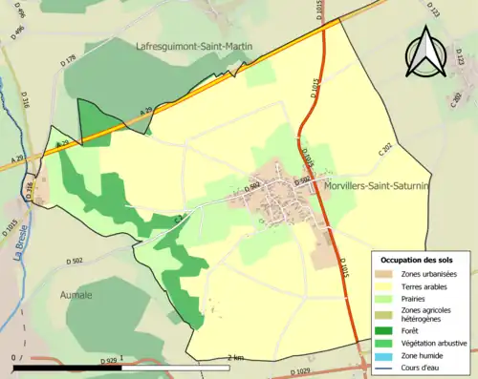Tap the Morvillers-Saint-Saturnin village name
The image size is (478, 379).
(376, 188)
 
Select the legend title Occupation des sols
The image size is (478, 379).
(417, 260)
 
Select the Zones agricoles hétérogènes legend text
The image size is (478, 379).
(426, 313)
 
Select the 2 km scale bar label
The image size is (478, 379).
(236, 357)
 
